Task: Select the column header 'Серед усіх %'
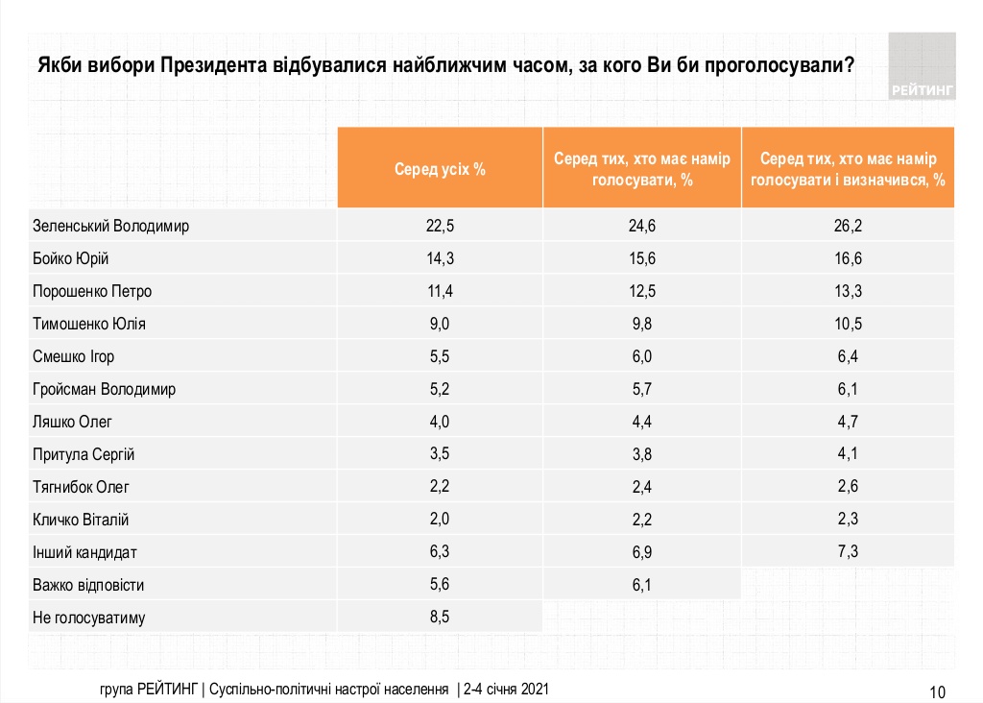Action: coord(440,168)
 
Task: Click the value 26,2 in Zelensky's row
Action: coord(848,227)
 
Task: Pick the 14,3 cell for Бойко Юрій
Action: coord(440,259)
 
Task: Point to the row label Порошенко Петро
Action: coord(92,291)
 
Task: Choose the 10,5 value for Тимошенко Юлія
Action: coord(848,324)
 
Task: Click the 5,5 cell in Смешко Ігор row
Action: coord(440,356)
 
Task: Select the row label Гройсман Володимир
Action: coord(105,389)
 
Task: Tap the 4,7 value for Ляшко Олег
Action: coord(848,422)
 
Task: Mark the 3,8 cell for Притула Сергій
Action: coord(642,454)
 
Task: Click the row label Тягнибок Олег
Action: coord(81,487)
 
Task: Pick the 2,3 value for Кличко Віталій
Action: coord(848,520)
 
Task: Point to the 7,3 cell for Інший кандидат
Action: coord(848,551)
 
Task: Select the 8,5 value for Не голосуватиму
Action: coord(440,617)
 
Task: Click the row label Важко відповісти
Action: coord(88,584)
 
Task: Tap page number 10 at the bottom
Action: coord(938,691)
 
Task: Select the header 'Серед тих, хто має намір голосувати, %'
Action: coord(642,168)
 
